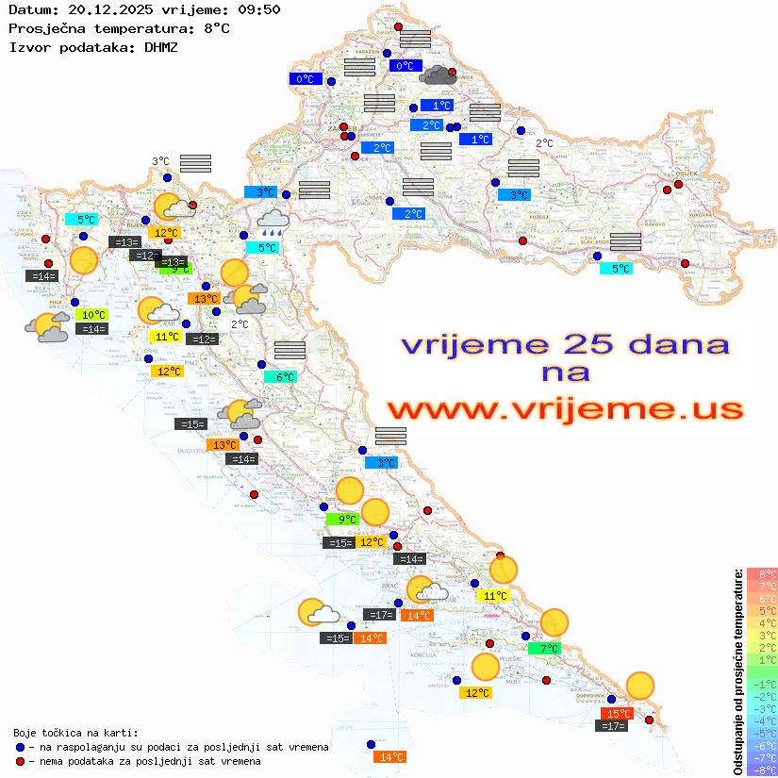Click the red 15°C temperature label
pyautogui.click(x=618, y=714)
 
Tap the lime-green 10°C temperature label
pyautogui.click(x=93, y=315)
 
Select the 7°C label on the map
pyautogui.click(x=549, y=649)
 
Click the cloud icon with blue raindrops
pyautogui.click(x=273, y=223)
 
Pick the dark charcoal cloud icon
pyautogui.click(x=439, y=74)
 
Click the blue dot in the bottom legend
pyautogui.click(x=20, y=747)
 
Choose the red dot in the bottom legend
pyautogui.click(x=20, y=761)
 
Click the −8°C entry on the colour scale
pyautogui.click(x=762, y=770)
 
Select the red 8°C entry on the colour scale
pyautogui.click(x=762, y=574)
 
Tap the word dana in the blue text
pyautogui.click(x=678, y=344)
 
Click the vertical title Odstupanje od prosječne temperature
pyautogui.click(x=738, y=672)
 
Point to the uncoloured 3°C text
pyautogui.click(x=160, y=161)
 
